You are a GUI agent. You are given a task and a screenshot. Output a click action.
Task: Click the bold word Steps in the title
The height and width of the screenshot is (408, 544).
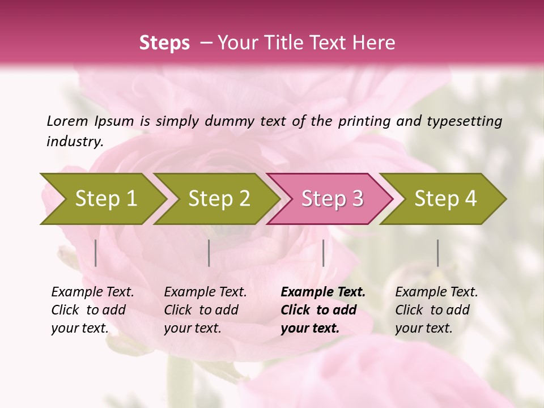click(x=164, y=43)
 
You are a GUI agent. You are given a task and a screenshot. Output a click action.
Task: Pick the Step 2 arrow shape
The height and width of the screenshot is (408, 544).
click(x=218, y=198)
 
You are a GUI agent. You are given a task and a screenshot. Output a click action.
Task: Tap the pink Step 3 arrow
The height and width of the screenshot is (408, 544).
click(x=330, y=198)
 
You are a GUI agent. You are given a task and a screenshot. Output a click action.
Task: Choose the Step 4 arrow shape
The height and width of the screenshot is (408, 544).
click(x=444, y=198)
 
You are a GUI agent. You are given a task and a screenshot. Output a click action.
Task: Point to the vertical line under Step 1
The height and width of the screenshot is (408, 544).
click(x=96, y=253)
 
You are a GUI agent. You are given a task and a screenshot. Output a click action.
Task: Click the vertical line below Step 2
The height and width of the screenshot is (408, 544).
click(x=209, y=253)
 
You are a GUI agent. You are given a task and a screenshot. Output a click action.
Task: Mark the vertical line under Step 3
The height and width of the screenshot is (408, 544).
click(x=323, y=253)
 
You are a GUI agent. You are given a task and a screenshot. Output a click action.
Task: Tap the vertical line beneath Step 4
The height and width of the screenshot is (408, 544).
click(x=437, y=253)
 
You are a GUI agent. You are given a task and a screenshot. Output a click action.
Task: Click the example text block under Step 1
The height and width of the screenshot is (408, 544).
click(x=92, y=310)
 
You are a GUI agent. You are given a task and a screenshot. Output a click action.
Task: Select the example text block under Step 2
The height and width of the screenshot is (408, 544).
click(x=205, y=310)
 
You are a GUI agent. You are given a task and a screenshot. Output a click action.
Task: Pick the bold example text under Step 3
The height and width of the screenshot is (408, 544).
click(x=322, y=310)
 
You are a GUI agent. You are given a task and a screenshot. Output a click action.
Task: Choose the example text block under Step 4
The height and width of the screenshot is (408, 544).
click(x=436, y=310)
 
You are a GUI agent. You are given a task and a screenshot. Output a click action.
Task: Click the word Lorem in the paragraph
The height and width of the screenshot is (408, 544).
click(x=67, y=121)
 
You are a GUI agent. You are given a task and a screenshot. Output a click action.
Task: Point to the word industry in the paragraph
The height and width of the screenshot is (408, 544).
click(x=74, y=141)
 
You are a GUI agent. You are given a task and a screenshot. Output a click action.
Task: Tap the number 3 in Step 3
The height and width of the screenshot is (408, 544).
click(x=357, y=198)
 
